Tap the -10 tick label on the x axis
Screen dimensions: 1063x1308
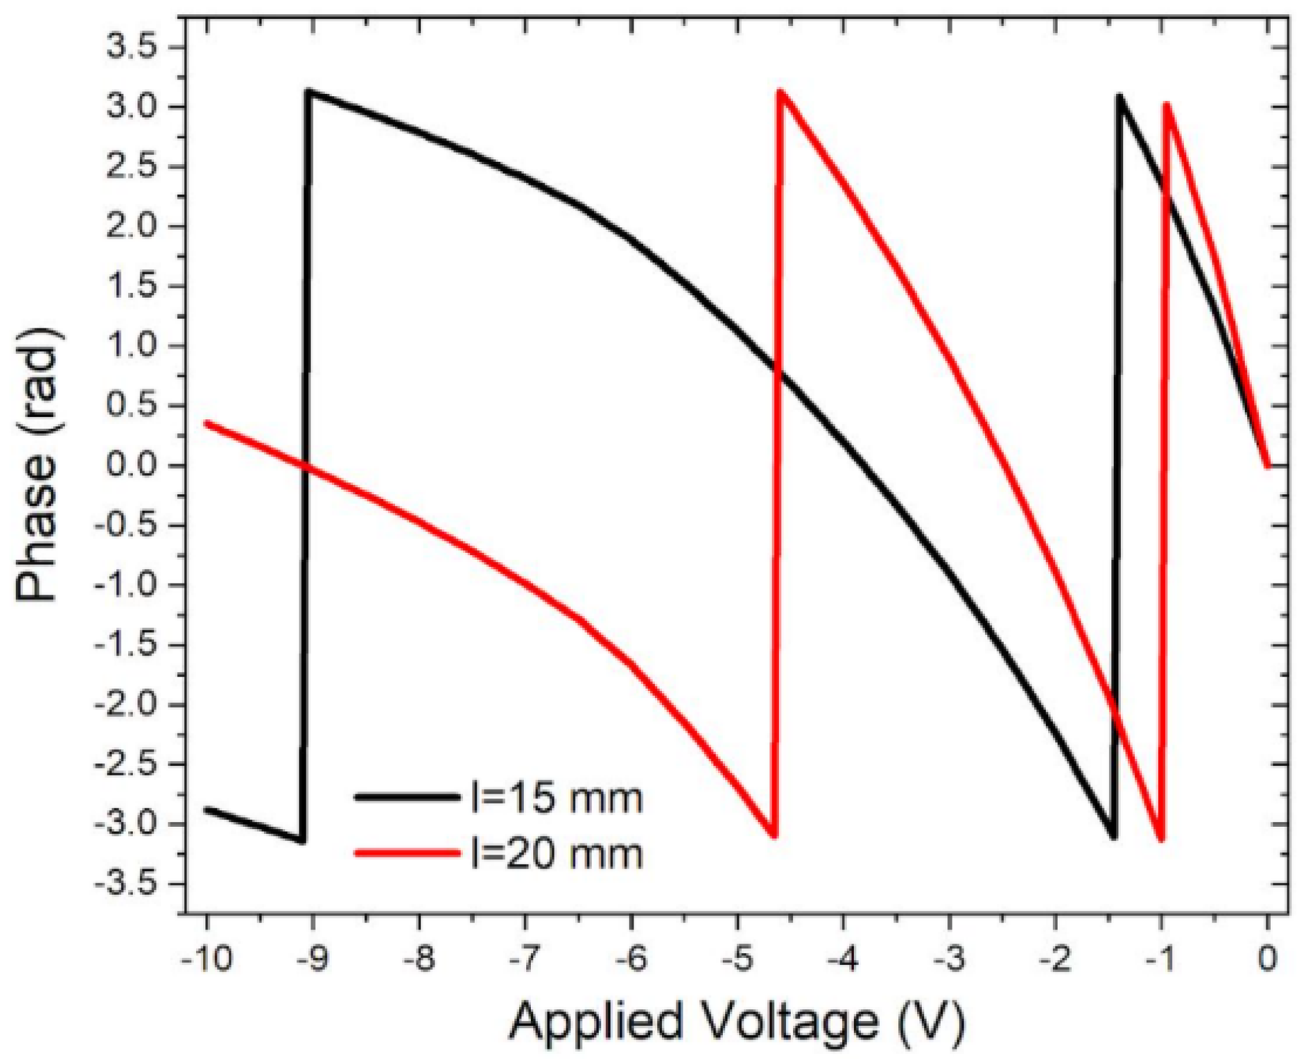207,959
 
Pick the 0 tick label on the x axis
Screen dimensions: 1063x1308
1267,959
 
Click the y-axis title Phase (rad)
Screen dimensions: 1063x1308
37,465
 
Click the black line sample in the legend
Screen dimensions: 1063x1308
407,797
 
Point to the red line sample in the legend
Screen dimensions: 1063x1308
407,852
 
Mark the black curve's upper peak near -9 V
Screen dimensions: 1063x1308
311,93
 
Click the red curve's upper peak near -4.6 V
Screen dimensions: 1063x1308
781,92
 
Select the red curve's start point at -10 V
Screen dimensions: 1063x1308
207,423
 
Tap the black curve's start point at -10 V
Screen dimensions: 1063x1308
207,810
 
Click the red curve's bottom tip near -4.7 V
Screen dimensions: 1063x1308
774,835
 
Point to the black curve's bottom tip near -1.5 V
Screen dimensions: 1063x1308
1113,837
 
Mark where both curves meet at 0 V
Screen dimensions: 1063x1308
1267,465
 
